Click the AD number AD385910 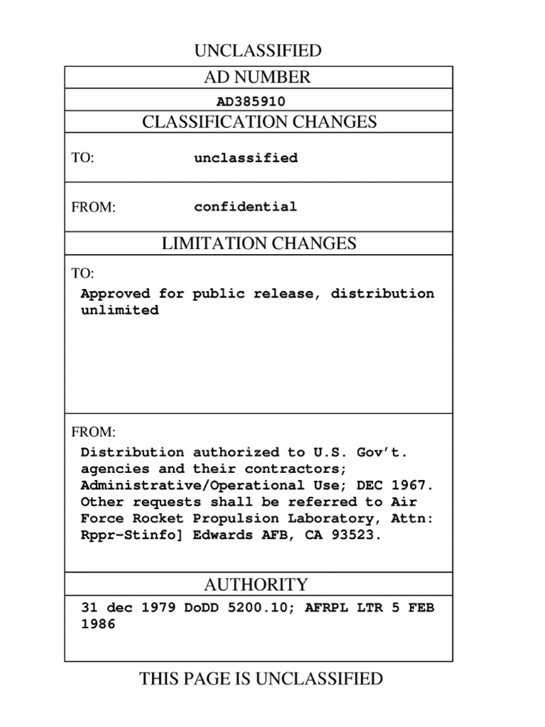251,102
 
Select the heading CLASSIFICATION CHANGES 259,122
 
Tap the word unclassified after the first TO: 246,158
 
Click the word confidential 246,207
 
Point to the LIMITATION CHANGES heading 259,244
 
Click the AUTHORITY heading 255,585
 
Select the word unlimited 119,311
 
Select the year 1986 98,625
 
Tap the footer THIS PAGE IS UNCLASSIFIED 260,679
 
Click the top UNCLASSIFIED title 258,51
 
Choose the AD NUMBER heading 258,77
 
